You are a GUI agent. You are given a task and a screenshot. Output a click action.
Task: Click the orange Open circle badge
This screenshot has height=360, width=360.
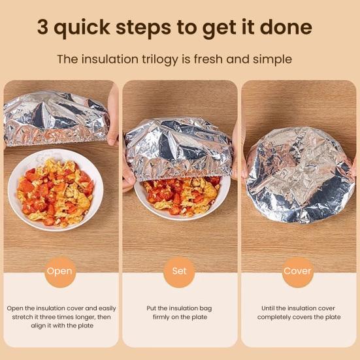(x=60, y=272)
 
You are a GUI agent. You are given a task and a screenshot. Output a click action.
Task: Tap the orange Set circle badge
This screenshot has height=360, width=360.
(x=179, y=272)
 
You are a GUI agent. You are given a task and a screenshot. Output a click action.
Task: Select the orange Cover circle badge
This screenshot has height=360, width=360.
(x=297, y=272)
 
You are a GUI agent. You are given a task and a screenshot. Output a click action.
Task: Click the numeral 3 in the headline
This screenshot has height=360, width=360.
(x=42, y=27)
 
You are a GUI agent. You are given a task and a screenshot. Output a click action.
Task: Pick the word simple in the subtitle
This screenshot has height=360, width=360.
(x=272, y=59)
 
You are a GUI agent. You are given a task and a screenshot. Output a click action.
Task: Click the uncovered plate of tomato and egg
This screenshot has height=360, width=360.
(x=56, y=191)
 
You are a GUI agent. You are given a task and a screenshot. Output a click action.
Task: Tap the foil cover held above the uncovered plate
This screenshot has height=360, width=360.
(x=56, y=119)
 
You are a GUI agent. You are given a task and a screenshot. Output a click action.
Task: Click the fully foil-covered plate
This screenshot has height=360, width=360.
(x=299, y=175)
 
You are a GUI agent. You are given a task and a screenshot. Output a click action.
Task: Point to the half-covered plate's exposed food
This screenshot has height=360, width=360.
(x=182, y=195)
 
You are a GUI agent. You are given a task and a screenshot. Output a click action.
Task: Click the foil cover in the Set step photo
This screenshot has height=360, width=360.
(x=178, y=149)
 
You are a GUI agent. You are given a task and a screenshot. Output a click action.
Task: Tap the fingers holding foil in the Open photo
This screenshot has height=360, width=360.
(x=113, y=115)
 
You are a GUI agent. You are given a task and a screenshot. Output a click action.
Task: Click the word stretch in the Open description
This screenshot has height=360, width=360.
(x=22, y=317)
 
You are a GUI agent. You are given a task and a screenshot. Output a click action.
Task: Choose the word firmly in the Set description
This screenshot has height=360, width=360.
(x=162, y=318)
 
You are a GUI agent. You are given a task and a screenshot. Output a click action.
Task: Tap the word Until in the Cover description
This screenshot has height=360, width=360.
(x=268, y=308)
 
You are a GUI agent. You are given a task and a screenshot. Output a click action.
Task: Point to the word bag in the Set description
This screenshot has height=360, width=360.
(x=206, y=308)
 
